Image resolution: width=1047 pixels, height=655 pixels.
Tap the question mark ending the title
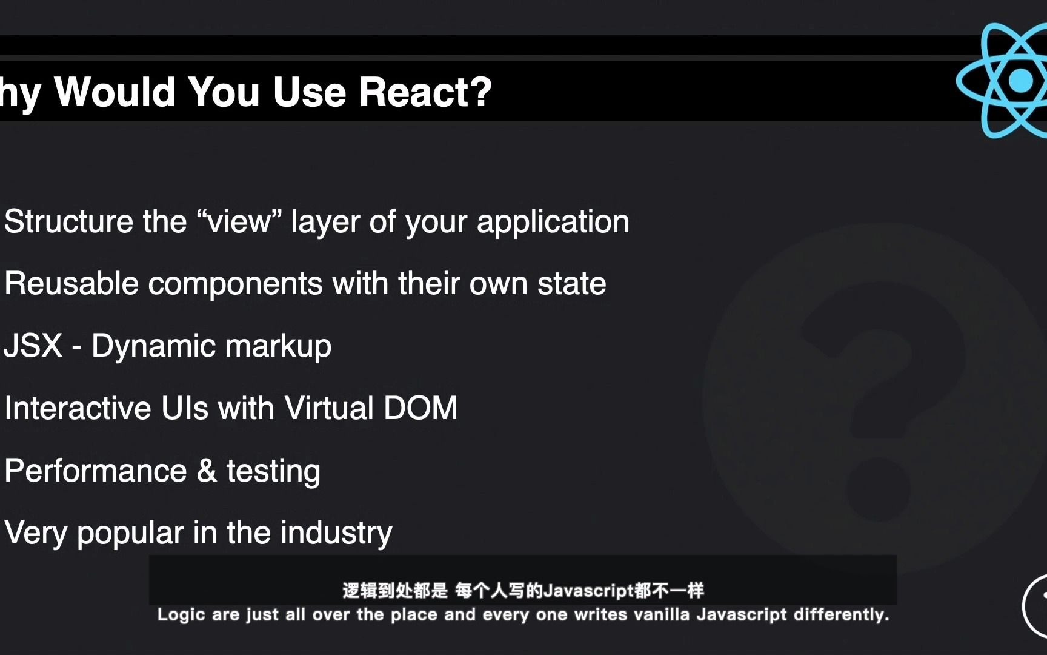(480, 92)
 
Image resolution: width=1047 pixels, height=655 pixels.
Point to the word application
(553, 223)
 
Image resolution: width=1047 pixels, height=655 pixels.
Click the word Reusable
(71, 283)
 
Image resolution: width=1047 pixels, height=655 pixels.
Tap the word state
(571, 284)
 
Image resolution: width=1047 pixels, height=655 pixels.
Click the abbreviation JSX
(33, 346)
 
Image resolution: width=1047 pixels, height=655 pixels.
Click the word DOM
(420, 408)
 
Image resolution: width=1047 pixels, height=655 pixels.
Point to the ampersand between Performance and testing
(207, 471)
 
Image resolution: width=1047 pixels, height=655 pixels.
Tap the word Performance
(96, 471)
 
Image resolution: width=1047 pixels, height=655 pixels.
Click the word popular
(130, 534)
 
